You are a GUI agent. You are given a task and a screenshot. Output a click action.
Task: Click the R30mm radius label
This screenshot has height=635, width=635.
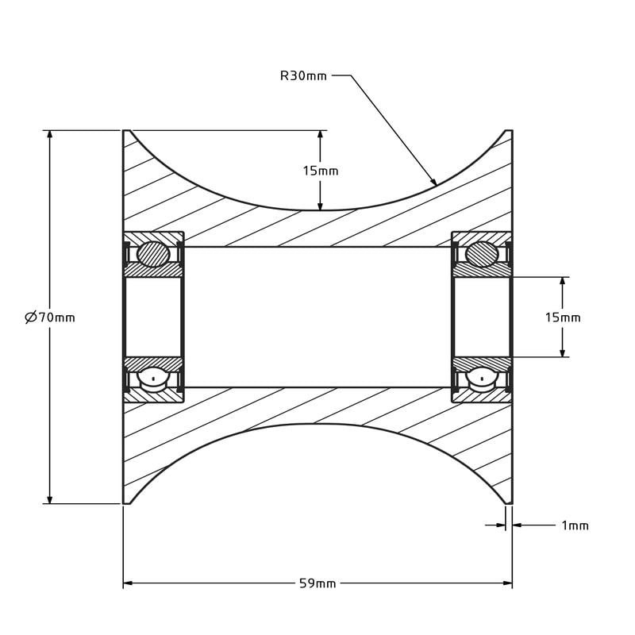[x=303, y=76]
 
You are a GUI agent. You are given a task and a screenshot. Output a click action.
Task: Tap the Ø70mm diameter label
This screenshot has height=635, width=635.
[x=50, y=317]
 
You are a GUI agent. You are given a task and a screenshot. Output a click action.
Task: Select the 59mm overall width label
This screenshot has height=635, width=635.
[x=317, y=583]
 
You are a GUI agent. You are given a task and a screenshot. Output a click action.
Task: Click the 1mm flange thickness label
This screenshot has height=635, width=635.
[x=575, y=525]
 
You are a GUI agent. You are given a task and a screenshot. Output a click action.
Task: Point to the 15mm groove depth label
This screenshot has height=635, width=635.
[x=320, y=171]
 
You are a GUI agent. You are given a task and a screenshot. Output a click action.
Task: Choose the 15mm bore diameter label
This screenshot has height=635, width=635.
[x=562, y=317]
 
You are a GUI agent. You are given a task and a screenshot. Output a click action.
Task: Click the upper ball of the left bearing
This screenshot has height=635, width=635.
[x=152, y=254]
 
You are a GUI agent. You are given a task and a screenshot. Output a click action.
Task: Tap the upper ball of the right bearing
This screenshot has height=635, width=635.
[x=482, y=254]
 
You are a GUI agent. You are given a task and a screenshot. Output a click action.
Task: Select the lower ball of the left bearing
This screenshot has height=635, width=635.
[x=152, y=379]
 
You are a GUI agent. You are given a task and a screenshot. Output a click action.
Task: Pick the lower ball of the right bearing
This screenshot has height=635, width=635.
[x=482, y=379]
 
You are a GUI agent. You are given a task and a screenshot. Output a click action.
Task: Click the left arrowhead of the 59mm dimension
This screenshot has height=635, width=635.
[x=128, y=583]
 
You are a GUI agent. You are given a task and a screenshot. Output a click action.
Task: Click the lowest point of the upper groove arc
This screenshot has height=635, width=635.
[x=320, y=210]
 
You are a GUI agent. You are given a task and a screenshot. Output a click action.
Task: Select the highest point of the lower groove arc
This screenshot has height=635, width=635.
[x=317, y=424]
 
